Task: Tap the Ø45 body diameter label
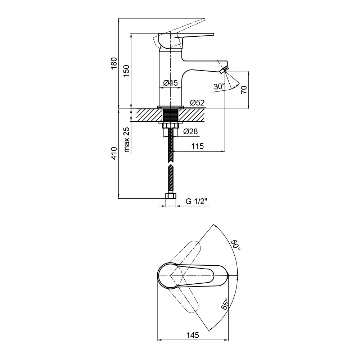click(171, 83)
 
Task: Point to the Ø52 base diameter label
click(197, 103)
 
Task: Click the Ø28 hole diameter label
click(190, 132)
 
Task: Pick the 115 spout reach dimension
click(198, 146)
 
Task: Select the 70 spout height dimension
click(244, 89)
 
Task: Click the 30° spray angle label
click(219, 86)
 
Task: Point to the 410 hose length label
click(114, 153)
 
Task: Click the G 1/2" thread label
click(197, 202)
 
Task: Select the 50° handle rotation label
click(235, 246)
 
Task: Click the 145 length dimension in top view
click(193, 335)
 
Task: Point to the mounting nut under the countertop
click(170, 126)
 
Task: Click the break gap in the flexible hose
click(170, 162)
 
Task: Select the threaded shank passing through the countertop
click(170, 115)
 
